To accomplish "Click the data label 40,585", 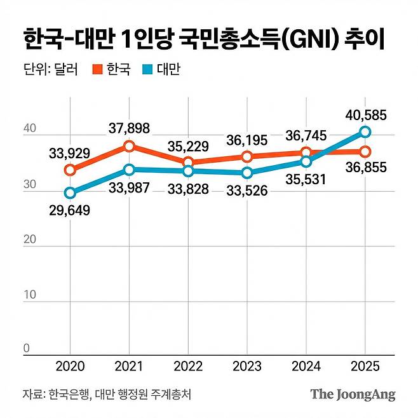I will point(365,116).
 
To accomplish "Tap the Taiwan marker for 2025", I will point(365,132).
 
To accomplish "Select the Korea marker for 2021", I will point(129,146).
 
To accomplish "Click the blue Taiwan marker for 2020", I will point(70,192).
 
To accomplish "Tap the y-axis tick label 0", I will point(27,348).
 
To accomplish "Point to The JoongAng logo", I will point(353,394).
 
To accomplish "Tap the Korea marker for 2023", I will point(247,156).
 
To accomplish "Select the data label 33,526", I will point(247,190).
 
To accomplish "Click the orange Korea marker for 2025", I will point(365,151).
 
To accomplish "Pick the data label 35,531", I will point(306,180).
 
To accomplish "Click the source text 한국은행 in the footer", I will point(69,394).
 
